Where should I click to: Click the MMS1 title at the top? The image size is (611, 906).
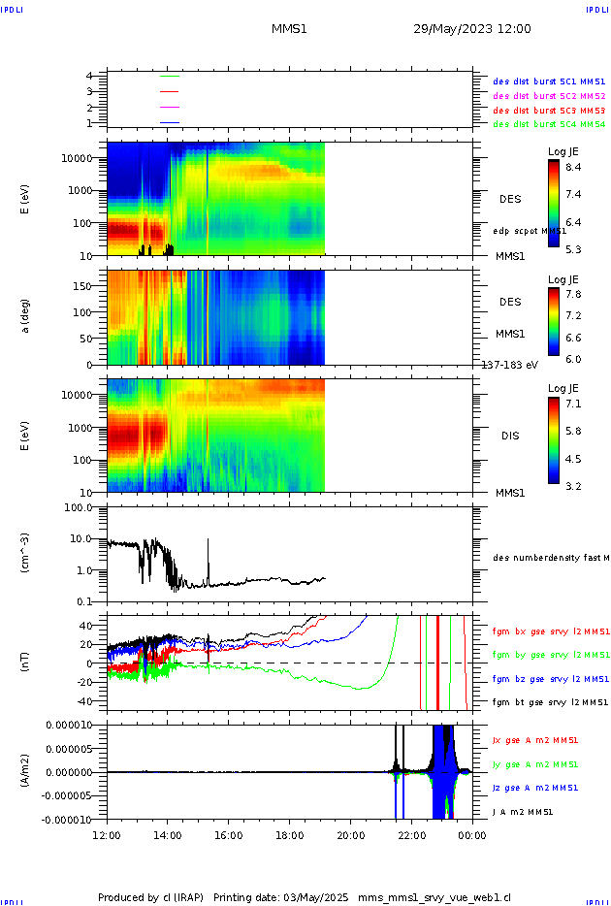pyautogui.click(x=289, y=29)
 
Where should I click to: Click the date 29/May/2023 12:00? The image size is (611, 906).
pyautogui.click(x=471, y=29)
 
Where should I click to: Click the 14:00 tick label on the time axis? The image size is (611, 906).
pyautogui.click(x=168, y=833)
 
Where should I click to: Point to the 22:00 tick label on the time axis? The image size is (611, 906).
pyautogui.click(x=411, y=833)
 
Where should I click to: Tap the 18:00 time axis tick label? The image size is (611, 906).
pyautogui.click(x=289, y=833)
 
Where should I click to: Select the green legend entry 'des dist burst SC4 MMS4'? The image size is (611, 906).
pyautogui.click(x=549, y=124)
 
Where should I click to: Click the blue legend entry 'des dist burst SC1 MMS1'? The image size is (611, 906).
pyautogui.click(x=549, y=81)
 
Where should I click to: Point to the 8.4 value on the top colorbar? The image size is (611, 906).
pyautogui.click(x=573, y=168)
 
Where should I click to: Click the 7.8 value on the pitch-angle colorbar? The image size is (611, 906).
pyautogui.click(x=573, y=293)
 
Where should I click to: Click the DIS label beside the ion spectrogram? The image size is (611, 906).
pyautogui.click(x=510, y=436)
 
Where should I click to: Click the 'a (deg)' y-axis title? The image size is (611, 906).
pyautogui.click(x=26, y=315)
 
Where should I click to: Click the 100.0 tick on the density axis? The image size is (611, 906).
pyautogui.click(x=78, y=507)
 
